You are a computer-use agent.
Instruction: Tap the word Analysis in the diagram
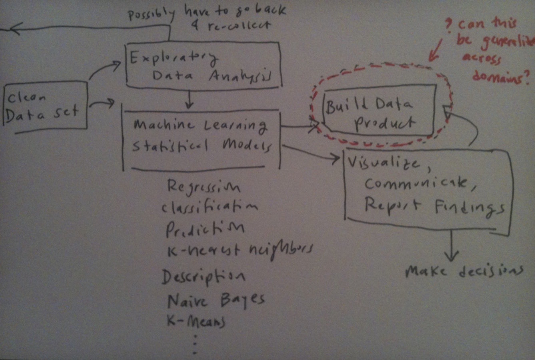click(240, 77)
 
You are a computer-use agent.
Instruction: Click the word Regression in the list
click(204, 186)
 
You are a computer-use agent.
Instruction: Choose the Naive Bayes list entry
click(216, 300)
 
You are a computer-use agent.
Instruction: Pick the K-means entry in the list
click(196, 321)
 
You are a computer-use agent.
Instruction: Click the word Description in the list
click(204, 277)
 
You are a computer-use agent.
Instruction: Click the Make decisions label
click(464, 272)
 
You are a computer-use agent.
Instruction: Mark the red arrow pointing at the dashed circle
click(436, 50)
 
